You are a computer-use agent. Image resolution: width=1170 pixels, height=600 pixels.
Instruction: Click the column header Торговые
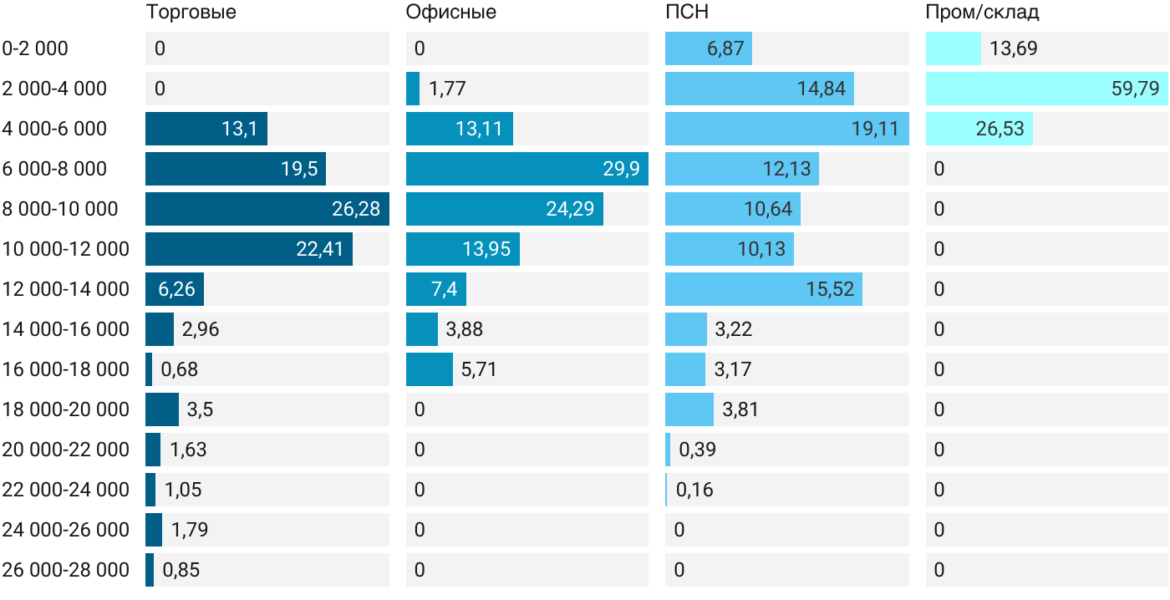(x=191, y=12)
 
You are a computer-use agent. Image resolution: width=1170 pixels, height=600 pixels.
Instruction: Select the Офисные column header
(x=450, y=12)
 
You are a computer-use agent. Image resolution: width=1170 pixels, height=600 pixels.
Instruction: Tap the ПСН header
(x=687, y=12)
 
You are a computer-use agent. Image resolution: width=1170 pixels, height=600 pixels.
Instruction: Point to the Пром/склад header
(x=982, y=12)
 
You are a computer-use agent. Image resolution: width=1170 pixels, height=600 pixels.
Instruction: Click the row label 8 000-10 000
(x=60, y=209)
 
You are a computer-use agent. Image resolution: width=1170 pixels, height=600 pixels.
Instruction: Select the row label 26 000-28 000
(x=65, y=570)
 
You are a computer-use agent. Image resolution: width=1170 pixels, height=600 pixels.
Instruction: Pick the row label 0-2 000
(x=35, y=48)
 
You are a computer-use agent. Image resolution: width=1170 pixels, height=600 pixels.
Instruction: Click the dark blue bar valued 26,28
(x=267, y=209)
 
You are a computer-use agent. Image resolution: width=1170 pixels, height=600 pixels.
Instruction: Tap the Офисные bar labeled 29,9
(x=527, y=169)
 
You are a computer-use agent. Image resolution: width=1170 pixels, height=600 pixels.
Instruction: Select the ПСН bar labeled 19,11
(x=787, y=129)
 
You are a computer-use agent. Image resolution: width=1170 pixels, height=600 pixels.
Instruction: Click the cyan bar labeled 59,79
(x=1046, y=89)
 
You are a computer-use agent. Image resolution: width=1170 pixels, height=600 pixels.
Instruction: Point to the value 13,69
(x=1013, y=48)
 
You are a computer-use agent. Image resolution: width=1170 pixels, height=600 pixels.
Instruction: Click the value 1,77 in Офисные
(x=447, y=89)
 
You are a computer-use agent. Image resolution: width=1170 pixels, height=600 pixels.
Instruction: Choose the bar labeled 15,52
(x=764, y=289)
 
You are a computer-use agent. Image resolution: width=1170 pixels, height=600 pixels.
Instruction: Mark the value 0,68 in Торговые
(x=179, y=369)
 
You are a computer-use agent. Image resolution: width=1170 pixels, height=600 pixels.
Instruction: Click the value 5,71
(x=478, y=369)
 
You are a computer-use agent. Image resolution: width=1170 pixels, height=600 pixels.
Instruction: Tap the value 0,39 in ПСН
(x=697, y=450)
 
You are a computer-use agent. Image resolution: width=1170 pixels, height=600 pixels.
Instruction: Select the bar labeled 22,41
(x=249, y=249)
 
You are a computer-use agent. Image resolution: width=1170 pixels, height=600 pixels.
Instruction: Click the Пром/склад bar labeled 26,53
(x=979, y=129)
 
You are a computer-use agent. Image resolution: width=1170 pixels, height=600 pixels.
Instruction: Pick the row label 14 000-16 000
(x=65, y=329)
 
